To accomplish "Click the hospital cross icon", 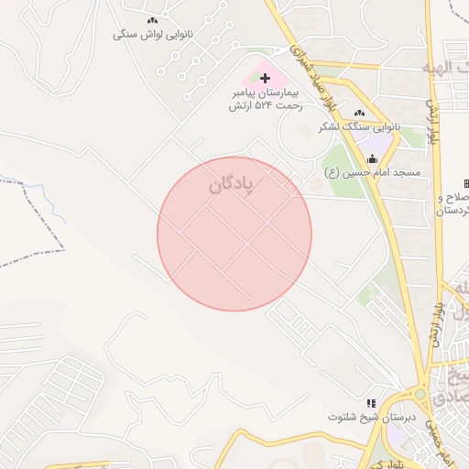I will [x=266, y=79].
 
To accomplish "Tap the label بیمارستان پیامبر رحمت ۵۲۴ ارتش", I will [x=266, y=100].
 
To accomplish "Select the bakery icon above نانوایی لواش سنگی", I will [x=152, y=20].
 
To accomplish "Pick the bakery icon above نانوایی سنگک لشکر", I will [x=360, y=113].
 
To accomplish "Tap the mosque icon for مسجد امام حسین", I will [x=372, y=158].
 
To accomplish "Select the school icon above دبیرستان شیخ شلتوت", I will [x=371, y=402].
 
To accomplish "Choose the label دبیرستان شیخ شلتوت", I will [x=372, y=417].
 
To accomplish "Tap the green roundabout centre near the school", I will [x=420, y=394].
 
